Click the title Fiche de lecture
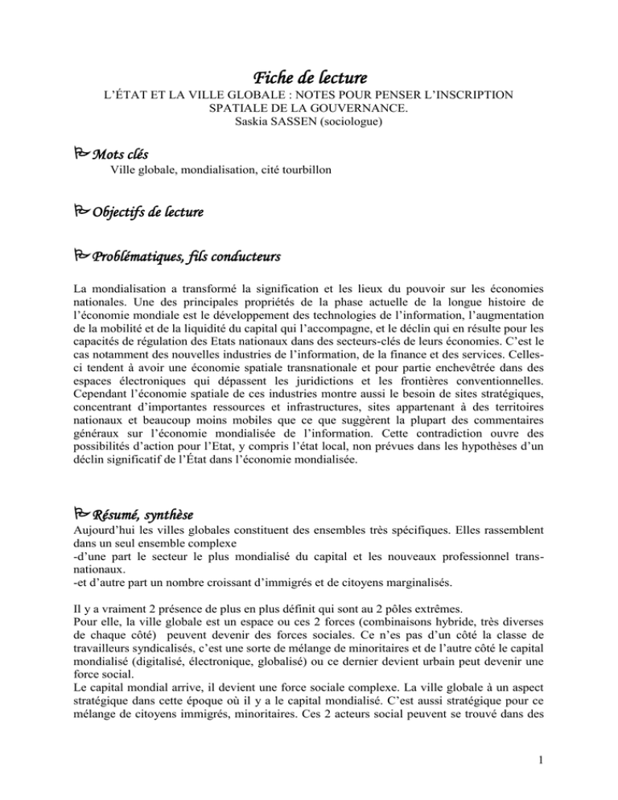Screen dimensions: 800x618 (x=310, y=79)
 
